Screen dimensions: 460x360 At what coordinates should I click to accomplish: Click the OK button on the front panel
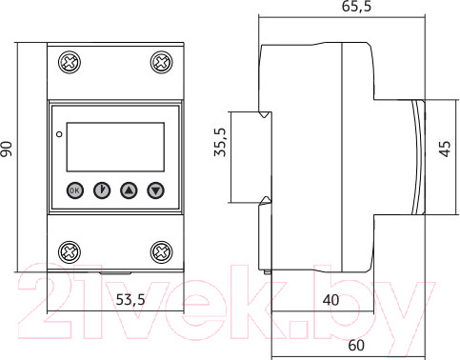pyautogui.click(x=75, y=190)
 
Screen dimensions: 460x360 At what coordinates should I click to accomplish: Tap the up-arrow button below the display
pyautogui.click(x=129, y=190)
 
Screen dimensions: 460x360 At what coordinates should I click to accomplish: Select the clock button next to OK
pyautogui.click(x=102, y=190)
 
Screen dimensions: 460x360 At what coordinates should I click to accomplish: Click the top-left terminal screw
pyautogui.click(x=70, y=62)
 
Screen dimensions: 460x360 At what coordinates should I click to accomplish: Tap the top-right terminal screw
pyautogui.click(x=162, y=62)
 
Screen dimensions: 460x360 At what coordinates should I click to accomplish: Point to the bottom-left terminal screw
pyautogui.click(x=70, y=252)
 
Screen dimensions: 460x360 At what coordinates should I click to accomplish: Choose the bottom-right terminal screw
pyautogui.click(x=162, y=252)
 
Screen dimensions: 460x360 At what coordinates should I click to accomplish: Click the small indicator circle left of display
pyautogui.click(x=59, y=134)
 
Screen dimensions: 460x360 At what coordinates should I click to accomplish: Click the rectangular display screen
pyautogui.click(x=115, y=147)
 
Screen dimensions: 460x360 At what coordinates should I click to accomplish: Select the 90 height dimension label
pyautogui.click(x=7, y=150)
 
